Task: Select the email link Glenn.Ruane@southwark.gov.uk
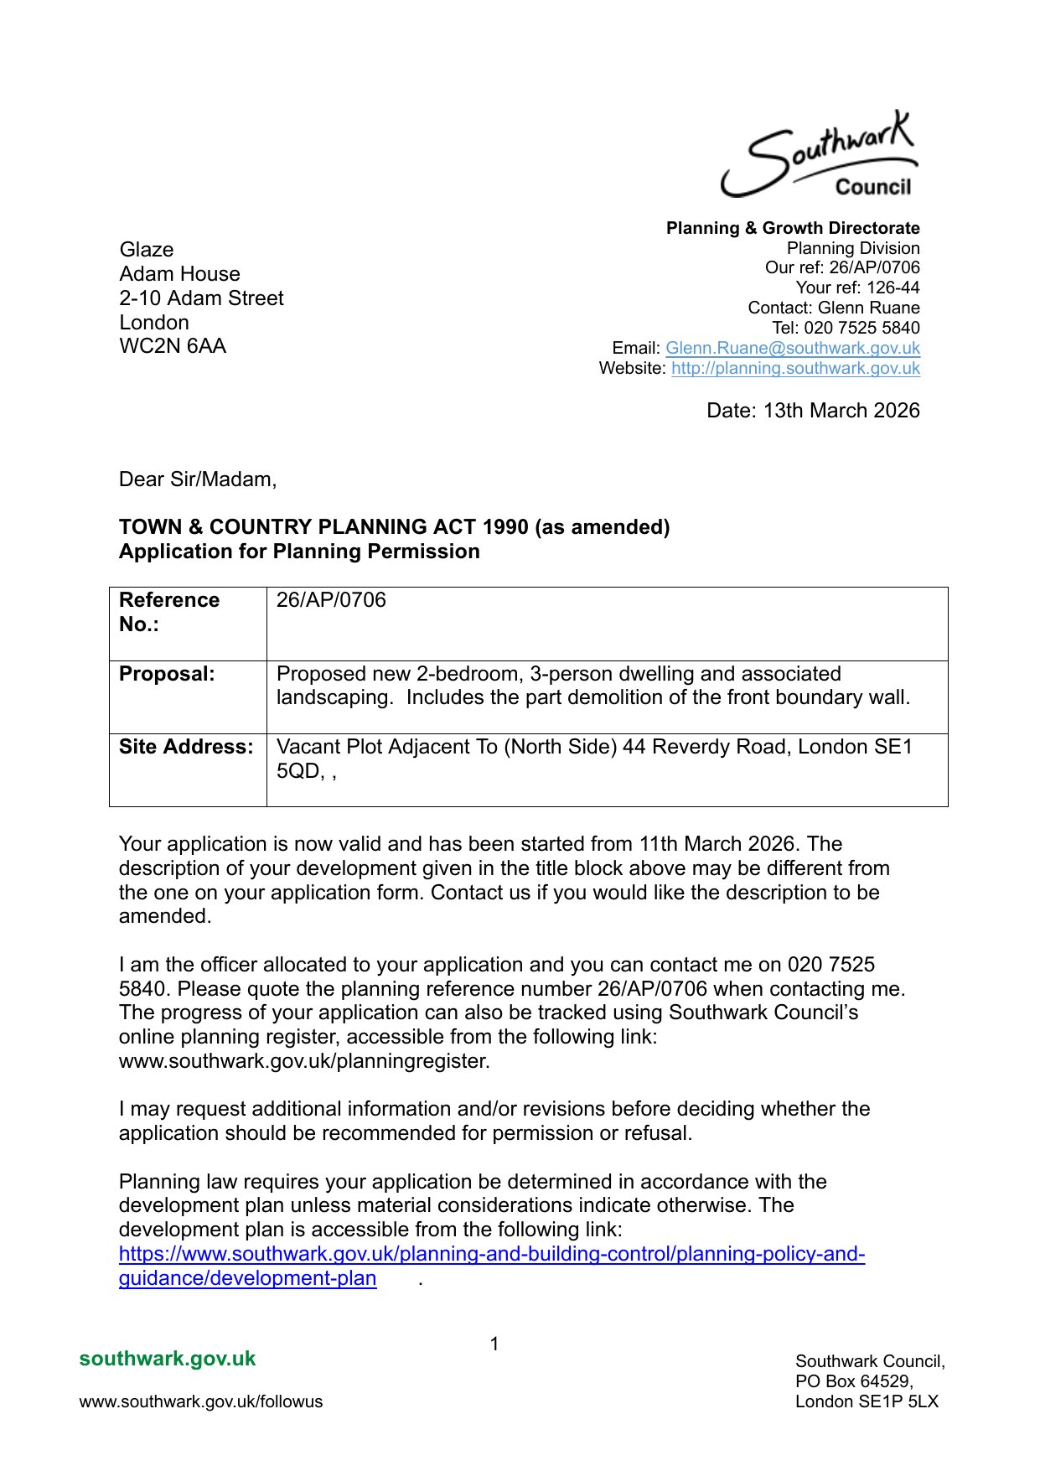pyautogui.click(x=792, y=348)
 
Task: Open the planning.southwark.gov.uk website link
pyautogui.click(x=795, y=368)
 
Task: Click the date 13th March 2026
pyautogui.click(x=813, y=411)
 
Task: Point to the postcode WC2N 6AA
pyautogui.click(x=173, y=346)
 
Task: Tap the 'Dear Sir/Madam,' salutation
pyautogui.click(x=198, y=479)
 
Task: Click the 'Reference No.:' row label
pyautogui.click(x=169, y=612)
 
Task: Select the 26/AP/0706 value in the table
pyautogui.click(x=331, y=600)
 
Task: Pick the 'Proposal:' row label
pyautogui.click(x=167, y=674)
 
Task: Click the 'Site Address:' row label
pyautogui.click(x=186, y=747)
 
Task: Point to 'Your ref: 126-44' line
pyautogui.click(x=857, y=287)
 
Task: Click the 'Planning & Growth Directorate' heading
pyautogui.click(x=793, y=228)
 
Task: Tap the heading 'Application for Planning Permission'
pyautogui.click(x=299, y=552)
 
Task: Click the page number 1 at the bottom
pyautogui.click(x=494, y=1344)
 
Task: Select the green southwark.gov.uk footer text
pyautogui.click(x=168, y=1359)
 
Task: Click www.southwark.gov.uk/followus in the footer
pyautogui.click(x=201, y=1401)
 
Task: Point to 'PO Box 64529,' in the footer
pyautogui.click(x=854, y=1381)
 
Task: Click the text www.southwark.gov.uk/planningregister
pyautogui.click(x=304, y=1061)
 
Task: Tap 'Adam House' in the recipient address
pyautogui.click(x=179, y=274)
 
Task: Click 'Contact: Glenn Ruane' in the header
pyautogui.click(x=834, y=308)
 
